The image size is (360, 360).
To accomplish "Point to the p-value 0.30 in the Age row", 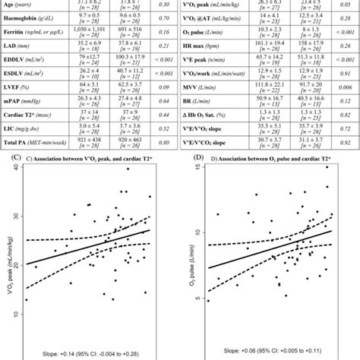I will (164, 4).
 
